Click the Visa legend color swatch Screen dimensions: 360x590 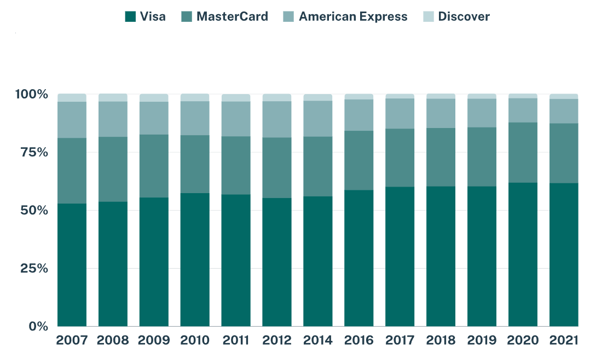130,16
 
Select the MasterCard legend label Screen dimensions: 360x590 232,16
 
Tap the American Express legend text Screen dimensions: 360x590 353,16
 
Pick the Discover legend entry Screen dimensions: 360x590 464,16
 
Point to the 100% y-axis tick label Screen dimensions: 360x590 32,95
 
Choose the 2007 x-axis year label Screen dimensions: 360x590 72,340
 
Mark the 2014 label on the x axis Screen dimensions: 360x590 317,340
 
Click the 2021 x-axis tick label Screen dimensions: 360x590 563,340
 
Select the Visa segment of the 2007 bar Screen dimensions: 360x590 72,265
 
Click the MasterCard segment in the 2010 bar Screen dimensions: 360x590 195,164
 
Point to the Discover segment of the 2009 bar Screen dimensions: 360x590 154,98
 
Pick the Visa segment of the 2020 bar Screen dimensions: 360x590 523,254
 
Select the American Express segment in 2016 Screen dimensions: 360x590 358,115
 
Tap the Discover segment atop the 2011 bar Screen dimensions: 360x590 236,98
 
